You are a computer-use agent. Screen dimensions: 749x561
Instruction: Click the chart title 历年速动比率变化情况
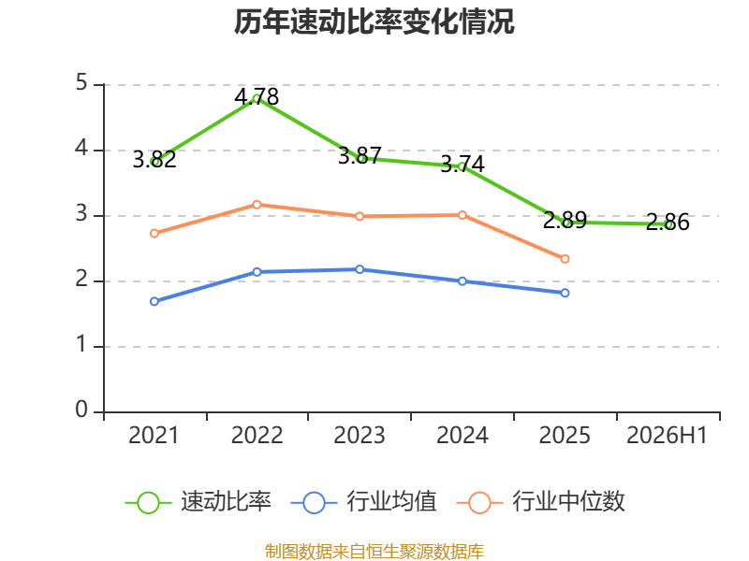coord(374,22)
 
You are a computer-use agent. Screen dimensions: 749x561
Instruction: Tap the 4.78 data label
coord(257,97)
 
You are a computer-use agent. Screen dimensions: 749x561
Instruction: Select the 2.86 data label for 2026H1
coord(668,223)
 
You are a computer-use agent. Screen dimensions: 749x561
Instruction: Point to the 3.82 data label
coord(154,159)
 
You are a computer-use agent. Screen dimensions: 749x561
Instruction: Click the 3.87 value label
coord(360,156)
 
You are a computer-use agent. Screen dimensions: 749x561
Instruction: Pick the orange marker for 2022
coord(257,205)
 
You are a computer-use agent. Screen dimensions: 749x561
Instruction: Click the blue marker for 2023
coord(360,269)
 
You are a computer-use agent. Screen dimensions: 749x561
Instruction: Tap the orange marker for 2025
coord(565,259)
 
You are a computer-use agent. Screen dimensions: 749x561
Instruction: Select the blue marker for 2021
coord(154,301)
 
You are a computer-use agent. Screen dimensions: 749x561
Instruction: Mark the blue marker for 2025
coord(565,293)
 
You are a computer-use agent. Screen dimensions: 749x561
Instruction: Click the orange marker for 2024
coord(463,215)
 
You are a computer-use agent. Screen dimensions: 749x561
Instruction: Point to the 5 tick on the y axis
coord(81,83)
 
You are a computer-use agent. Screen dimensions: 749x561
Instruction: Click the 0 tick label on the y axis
coord(81,410)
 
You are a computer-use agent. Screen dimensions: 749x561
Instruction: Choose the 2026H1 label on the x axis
coord(667,436)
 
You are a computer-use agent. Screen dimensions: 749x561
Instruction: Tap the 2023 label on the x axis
coord(360,436)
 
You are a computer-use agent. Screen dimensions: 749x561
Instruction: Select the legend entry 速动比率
coord(198,502)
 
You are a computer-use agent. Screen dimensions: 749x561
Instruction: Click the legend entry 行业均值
coord(363,502)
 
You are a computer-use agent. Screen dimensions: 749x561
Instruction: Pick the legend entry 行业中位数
coord(540,502)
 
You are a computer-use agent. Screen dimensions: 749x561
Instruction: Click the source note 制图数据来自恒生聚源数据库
coord(374,552)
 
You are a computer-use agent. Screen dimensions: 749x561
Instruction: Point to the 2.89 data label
coord(565,221)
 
